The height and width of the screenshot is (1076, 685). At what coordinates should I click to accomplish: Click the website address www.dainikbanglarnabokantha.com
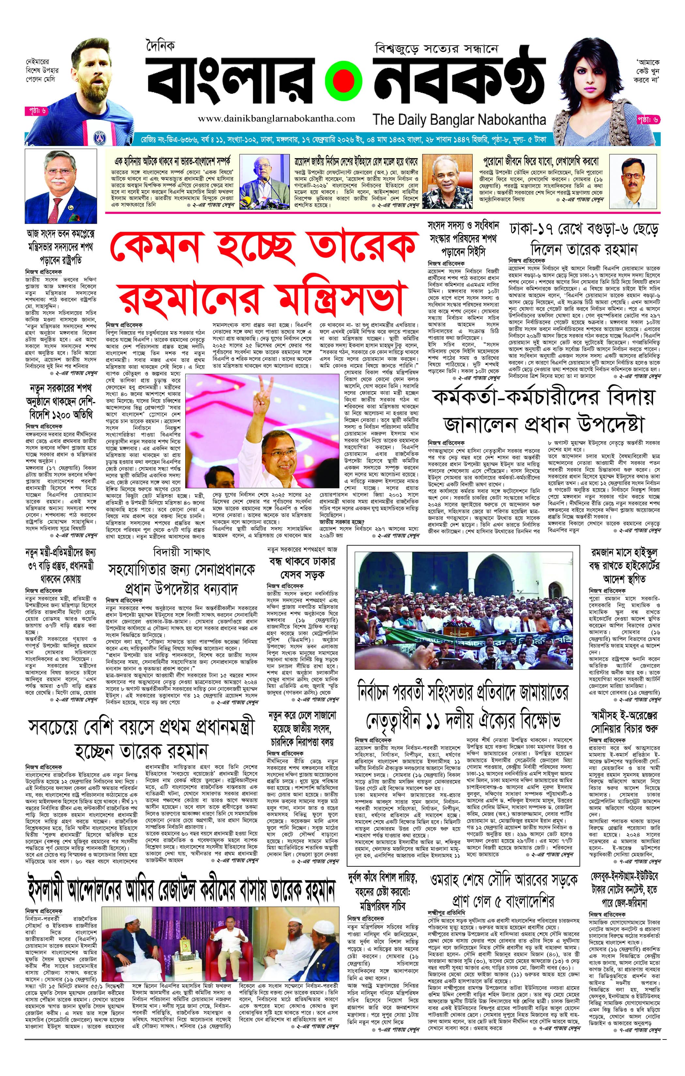[276, 118]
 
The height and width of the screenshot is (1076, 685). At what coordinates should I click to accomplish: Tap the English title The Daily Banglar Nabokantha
[459, 119]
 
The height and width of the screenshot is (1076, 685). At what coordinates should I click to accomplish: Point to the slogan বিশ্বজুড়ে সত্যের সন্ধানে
[436, 49]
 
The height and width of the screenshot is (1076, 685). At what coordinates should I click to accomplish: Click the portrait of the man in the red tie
[60, 187]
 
